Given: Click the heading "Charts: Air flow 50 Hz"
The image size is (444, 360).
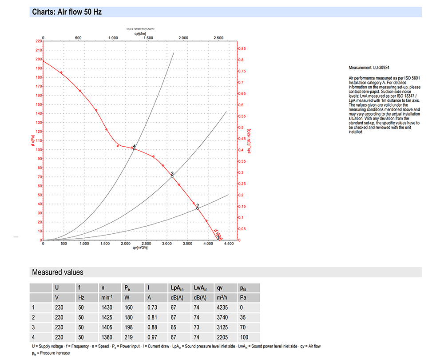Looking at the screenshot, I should pyautogui.click(x=67, y=12).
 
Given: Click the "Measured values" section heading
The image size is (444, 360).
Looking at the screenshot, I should pyautogui.click(x=57, y=272).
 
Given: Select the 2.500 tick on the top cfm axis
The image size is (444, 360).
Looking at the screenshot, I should pyautogui.click(x=218, y=38).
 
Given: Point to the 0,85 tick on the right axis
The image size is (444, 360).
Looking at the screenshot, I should pyautogui.click(x=242, y=48).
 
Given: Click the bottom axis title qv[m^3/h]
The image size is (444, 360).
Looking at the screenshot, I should pyautogui.click(x=140, y=248).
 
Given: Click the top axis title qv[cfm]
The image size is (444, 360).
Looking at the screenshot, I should pyautogui.click(x=140, y=33).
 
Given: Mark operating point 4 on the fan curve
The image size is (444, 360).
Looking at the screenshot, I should pyautogui.click(x=134, y=148).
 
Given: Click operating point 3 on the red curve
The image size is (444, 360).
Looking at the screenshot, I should pyautogui.click(x=172, y=176).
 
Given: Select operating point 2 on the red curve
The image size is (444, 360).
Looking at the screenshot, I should pyautogui.click(x=198, y=208).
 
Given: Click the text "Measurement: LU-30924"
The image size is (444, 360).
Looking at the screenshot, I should pyautogui.click(x=369, y=68).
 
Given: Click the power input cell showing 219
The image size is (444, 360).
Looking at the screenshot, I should pyautogui.click(x=128, y=337).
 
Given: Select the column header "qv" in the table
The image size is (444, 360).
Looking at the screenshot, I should pyautogui.click(x=220, y=288).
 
